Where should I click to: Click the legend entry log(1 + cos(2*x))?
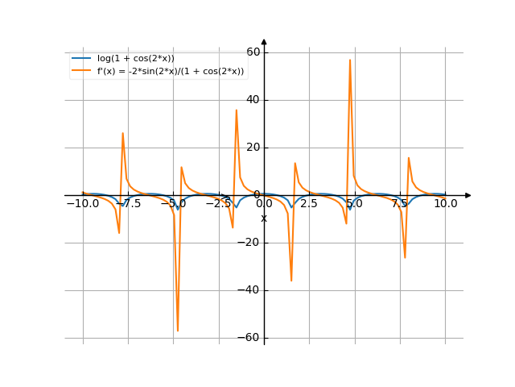coord(135,58)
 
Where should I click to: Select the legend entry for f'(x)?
coord(171,72)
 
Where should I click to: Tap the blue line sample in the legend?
coord(82,58)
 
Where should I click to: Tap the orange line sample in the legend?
coord(82,72)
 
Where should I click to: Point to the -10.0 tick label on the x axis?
coord(82,204)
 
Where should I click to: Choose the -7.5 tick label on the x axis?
coord(129,204)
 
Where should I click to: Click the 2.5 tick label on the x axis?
coord(310,204)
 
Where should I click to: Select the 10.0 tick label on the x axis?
coord(446,204)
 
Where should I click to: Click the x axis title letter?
coord(264,218)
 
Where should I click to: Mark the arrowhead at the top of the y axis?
coord(264,42)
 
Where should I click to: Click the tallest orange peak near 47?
coord(349,60)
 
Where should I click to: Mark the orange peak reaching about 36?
coord(236,110)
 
